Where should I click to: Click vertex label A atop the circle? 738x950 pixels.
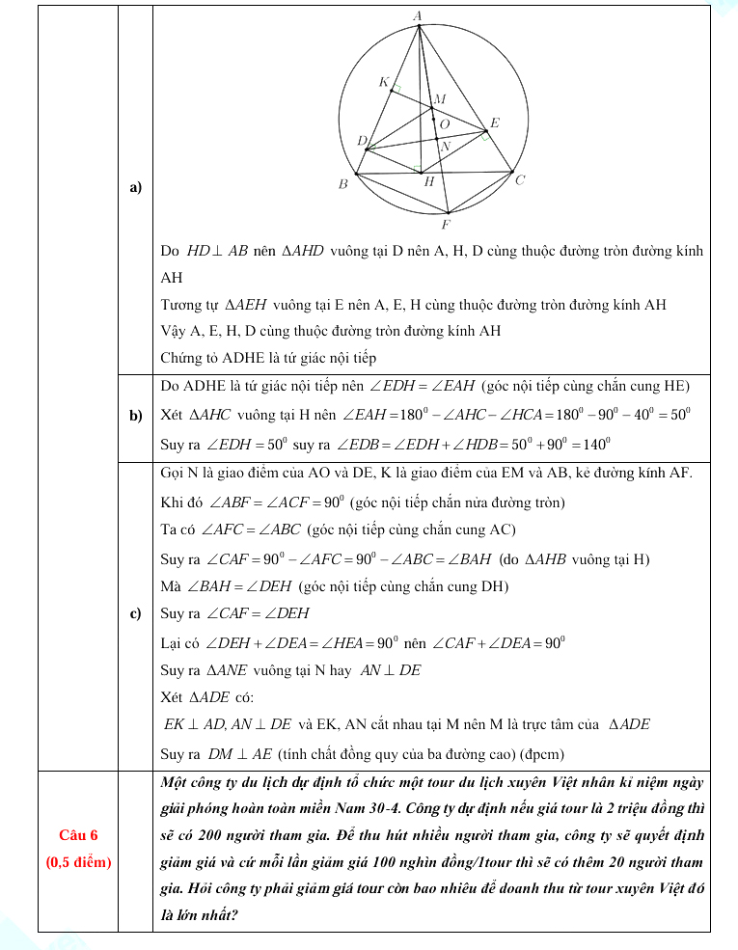pos(418,15)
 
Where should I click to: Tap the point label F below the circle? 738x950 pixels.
pos(446,226)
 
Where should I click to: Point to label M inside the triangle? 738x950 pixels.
pos(440,98)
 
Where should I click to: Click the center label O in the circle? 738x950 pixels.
pos(444,124)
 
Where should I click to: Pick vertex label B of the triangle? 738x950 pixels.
pos(342,184)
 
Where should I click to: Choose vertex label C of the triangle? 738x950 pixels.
pos(520,180)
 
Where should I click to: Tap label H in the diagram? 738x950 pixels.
pos(429,181)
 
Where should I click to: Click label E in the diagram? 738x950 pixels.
pos(495,123)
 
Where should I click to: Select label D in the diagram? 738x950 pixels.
pos(362,141)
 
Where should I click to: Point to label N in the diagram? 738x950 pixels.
pos(446,148)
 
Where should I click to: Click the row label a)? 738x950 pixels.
pos(135,186)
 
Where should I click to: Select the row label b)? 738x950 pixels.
pos(135,416)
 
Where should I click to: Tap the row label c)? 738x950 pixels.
pos(135,613)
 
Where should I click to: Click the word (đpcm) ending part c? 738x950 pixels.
pos(541,753)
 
